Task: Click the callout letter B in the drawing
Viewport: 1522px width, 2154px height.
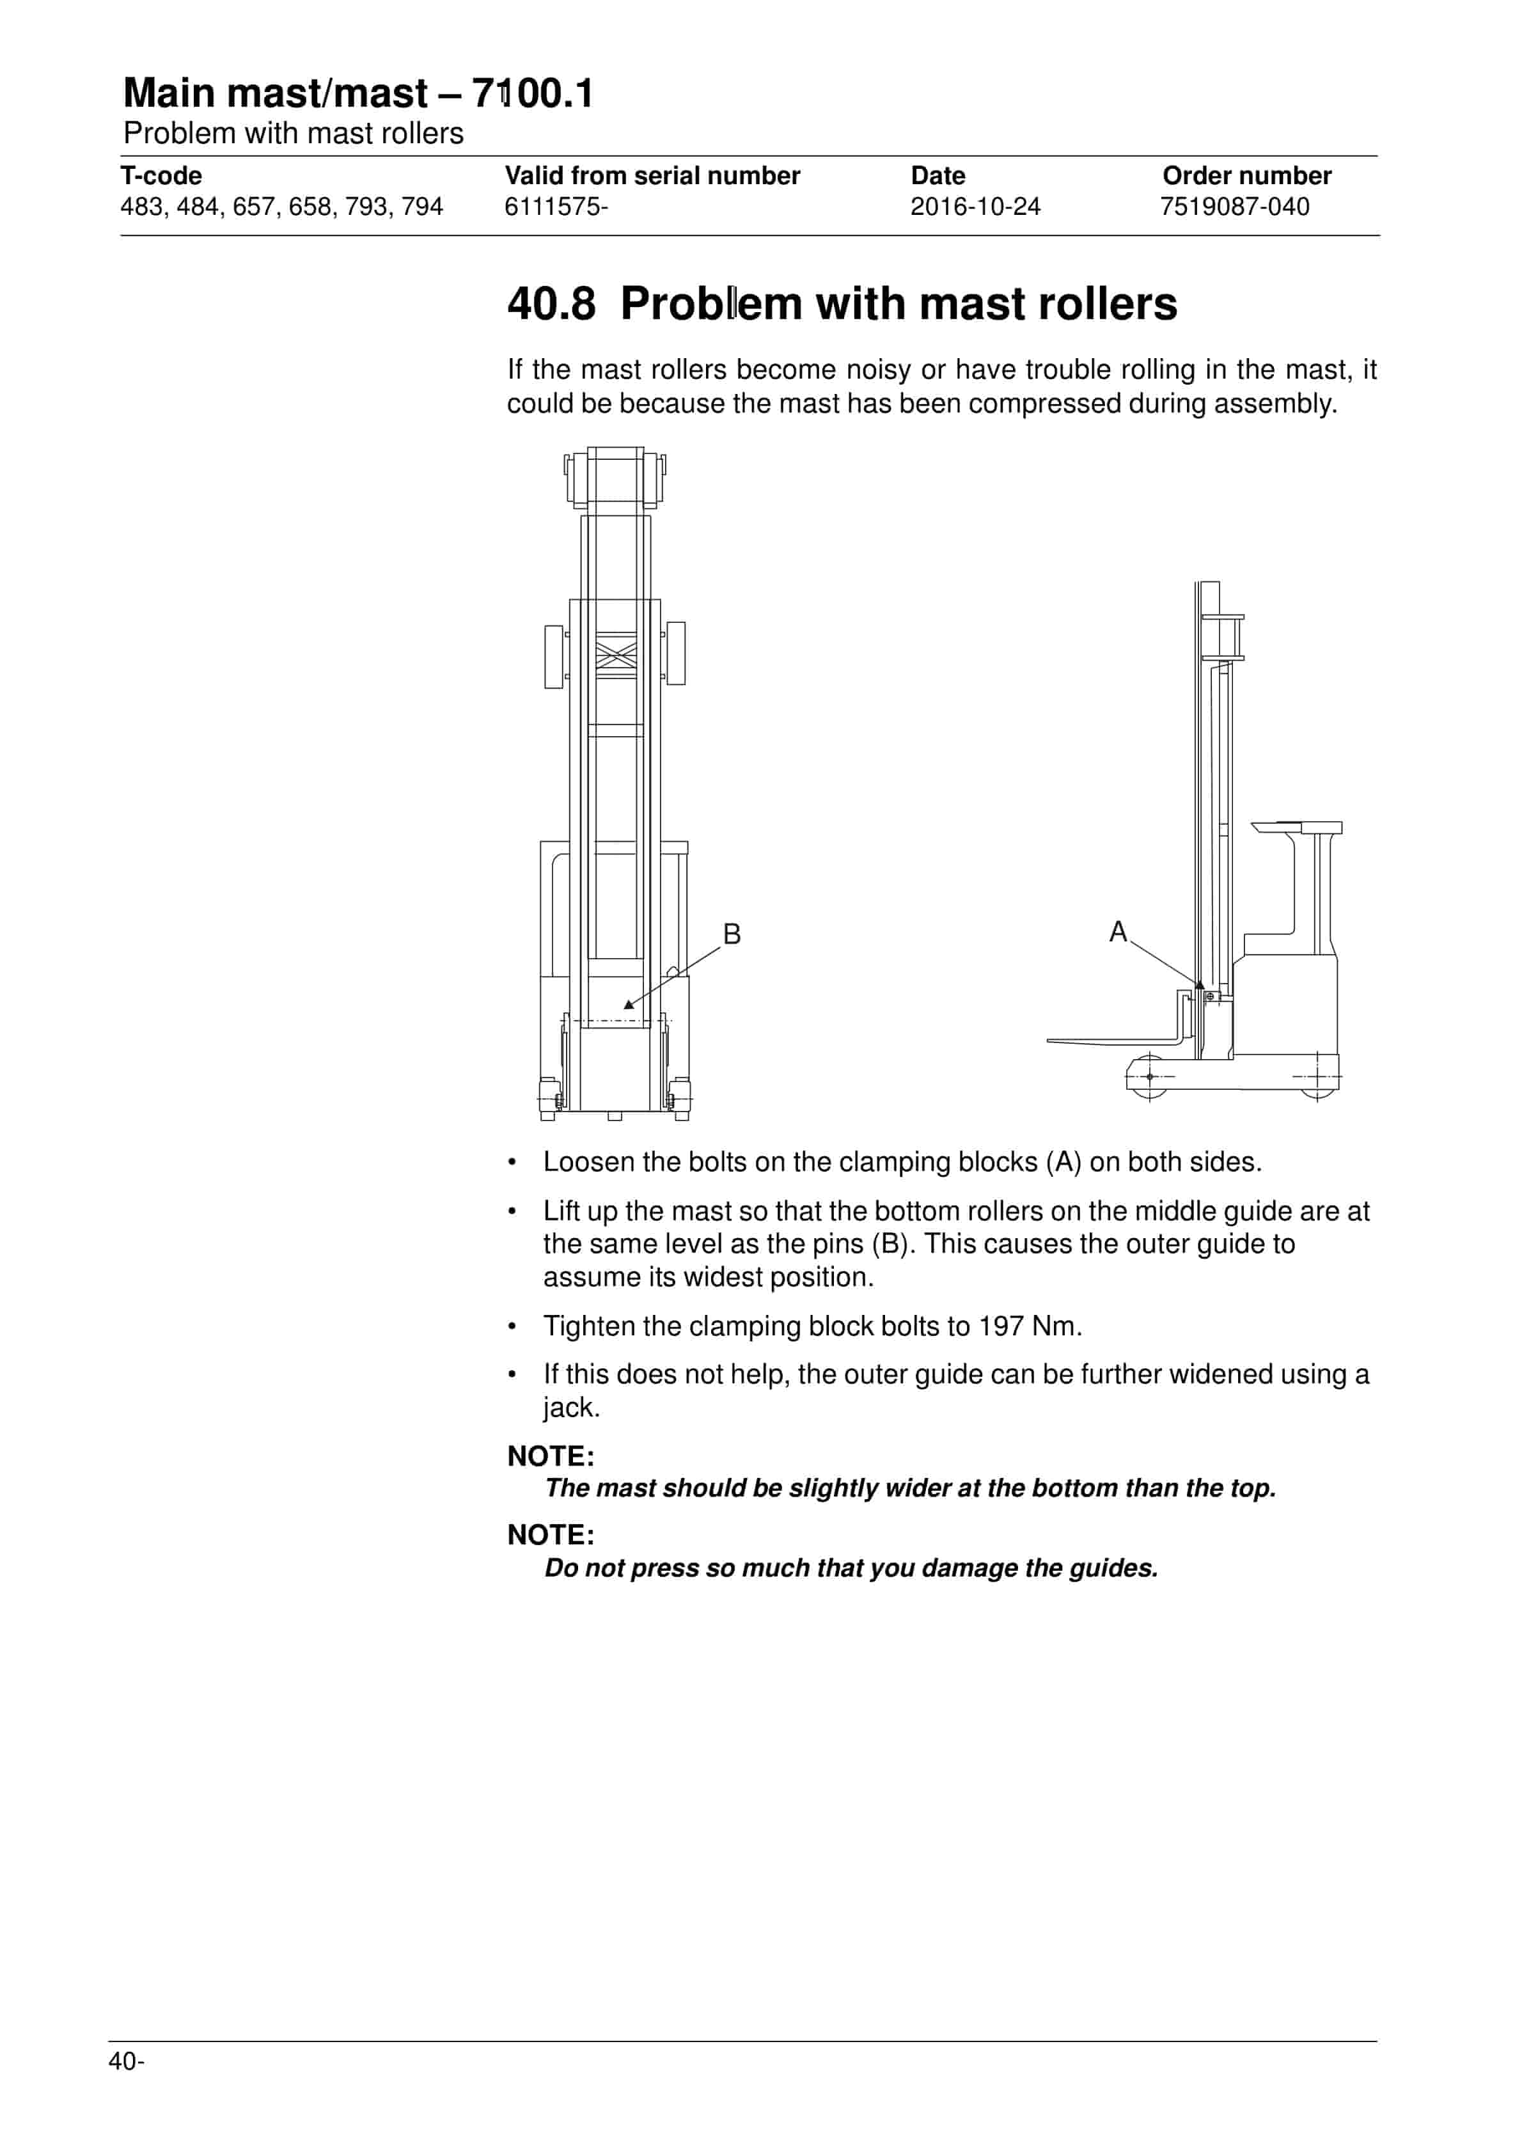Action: coord(732,934)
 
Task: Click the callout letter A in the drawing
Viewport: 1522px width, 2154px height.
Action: coord(1118,932)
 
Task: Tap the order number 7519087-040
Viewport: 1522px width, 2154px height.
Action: coord(1234,207)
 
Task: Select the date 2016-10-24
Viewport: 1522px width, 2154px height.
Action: coord(975,207)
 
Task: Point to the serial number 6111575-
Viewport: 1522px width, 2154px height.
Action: coord(556,207)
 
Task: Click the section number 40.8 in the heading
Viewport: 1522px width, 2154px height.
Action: coord(551,304)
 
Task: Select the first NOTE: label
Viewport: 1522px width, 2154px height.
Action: coord(551,1456)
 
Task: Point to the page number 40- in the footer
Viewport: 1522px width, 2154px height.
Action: coord(127,2061)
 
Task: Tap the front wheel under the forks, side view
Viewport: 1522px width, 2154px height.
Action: coord(1149,1077)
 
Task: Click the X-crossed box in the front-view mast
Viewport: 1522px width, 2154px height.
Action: coord(616,653)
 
